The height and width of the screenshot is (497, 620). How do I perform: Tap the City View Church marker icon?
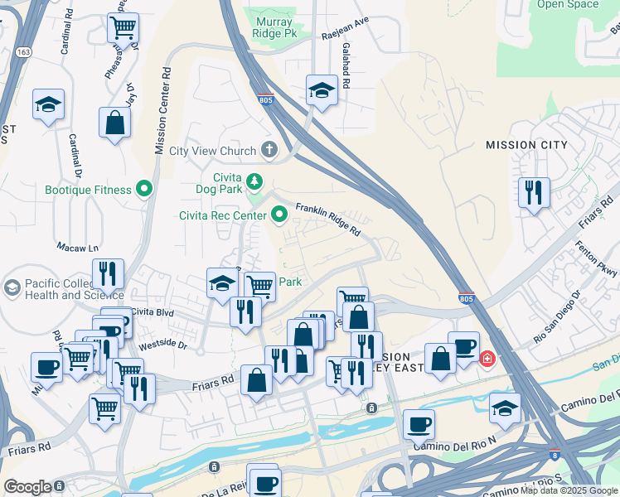[x=269, y=151]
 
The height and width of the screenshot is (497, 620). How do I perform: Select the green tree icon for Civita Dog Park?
[x=254, y=181]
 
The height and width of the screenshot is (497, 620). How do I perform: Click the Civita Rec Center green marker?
[x=279, y=215]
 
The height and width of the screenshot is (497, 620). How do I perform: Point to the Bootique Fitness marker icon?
[x=144, y=190]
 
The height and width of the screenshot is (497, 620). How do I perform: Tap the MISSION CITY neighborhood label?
[x=526, y=145]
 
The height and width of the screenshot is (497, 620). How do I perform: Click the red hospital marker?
[x=487, y=359]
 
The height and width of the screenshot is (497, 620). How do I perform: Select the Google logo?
[x=27, y=486]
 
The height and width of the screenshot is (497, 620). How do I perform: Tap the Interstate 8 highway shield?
[x=555, y=455]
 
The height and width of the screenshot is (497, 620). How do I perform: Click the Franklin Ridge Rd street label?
[x=328, y=219]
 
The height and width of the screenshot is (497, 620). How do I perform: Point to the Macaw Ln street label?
[x=77, y=248]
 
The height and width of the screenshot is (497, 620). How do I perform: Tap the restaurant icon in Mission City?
[x=533, y=192]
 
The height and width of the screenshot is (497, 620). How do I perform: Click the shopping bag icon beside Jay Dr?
[x=114, y=123]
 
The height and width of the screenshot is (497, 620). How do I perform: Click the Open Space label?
[x=568, y=5]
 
